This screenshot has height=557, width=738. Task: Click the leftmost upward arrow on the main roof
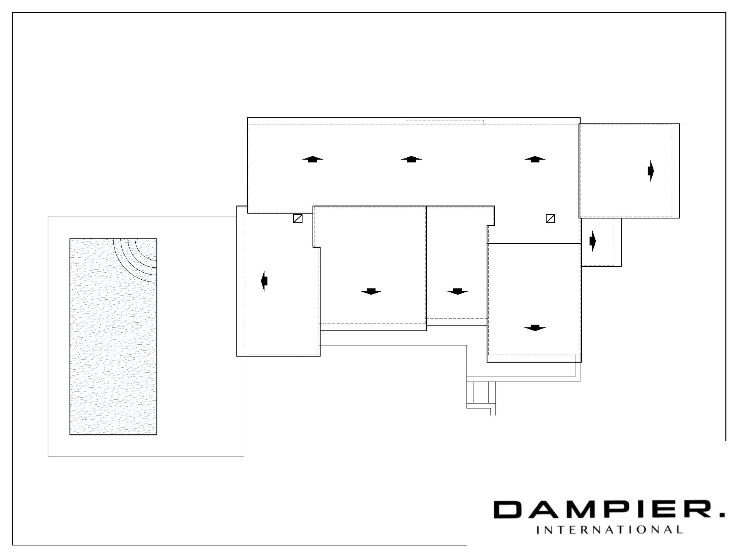312,159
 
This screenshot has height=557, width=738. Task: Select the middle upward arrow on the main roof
411,159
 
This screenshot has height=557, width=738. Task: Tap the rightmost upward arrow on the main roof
535,159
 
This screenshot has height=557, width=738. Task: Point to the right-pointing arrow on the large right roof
651,171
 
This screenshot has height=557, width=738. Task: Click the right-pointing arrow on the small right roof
593,241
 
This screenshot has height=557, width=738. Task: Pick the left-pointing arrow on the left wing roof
264,281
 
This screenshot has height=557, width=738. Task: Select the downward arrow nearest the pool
371,291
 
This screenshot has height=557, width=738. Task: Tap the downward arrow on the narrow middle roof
457,291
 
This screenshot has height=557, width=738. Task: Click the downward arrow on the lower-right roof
535,328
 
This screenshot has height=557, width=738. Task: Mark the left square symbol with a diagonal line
298,219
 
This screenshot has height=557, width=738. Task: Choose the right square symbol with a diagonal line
550,219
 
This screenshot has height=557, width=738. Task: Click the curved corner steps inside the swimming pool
135,260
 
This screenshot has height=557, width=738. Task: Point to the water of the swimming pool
113,337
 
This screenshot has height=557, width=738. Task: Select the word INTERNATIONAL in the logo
609,530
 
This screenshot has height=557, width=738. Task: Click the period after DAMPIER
721,515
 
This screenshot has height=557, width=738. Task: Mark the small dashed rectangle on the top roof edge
445,122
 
